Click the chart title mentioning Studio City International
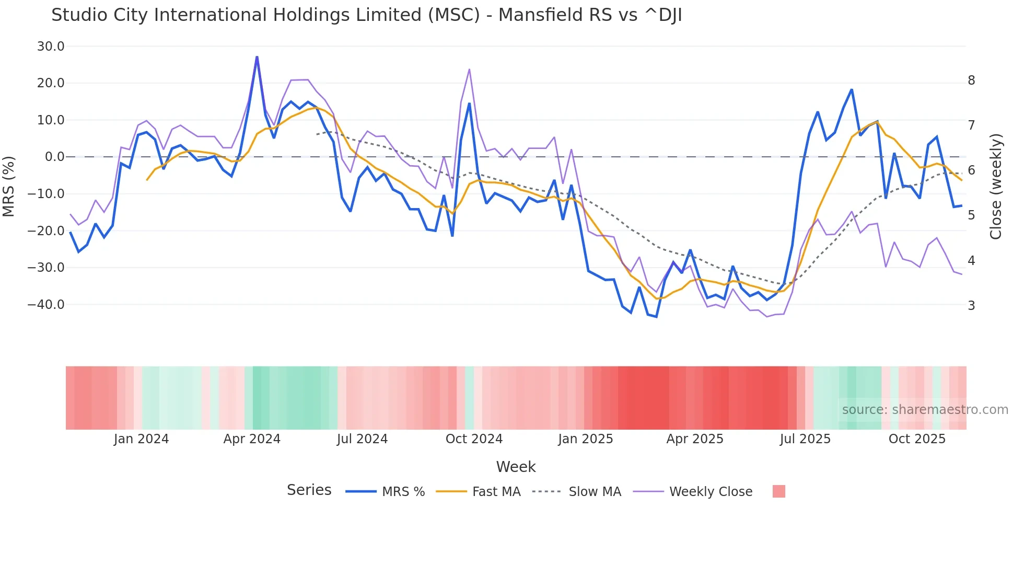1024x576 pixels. [366, 15]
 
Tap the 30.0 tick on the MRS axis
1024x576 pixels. [51, 47]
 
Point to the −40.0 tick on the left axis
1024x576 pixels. [46, 304]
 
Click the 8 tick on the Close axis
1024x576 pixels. [971, 80]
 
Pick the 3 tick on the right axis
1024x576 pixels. [971, 305]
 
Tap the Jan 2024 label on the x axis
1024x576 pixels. [141, 439]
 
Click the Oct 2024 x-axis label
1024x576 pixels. [474, 439]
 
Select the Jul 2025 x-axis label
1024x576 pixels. [805, 439]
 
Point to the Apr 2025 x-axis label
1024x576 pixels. [695, 439]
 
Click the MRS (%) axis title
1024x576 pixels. [9, 186]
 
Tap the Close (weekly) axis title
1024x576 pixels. [996, 186]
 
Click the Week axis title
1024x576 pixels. [516, 467]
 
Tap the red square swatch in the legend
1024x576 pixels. [778, 491]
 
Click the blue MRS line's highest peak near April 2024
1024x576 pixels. [257, 57]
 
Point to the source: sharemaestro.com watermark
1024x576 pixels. [925, 410]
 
